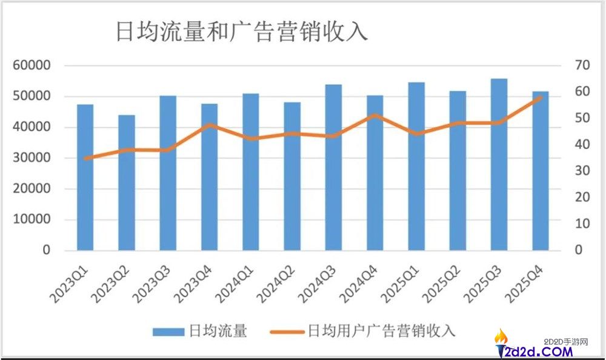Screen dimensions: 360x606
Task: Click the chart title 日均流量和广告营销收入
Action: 241,32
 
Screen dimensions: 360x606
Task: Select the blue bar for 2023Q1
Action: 85,178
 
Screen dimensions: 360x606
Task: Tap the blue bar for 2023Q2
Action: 127,182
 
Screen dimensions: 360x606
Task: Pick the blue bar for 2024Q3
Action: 334,167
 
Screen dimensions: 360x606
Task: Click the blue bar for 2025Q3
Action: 499,164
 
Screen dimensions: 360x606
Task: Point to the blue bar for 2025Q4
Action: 541,171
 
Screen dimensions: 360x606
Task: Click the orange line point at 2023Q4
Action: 210,125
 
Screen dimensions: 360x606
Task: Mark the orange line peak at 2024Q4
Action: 375,115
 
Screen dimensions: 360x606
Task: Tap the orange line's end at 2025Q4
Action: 541,96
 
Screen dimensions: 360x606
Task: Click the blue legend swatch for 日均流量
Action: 168,332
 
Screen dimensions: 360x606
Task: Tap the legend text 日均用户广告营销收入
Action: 381,331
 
